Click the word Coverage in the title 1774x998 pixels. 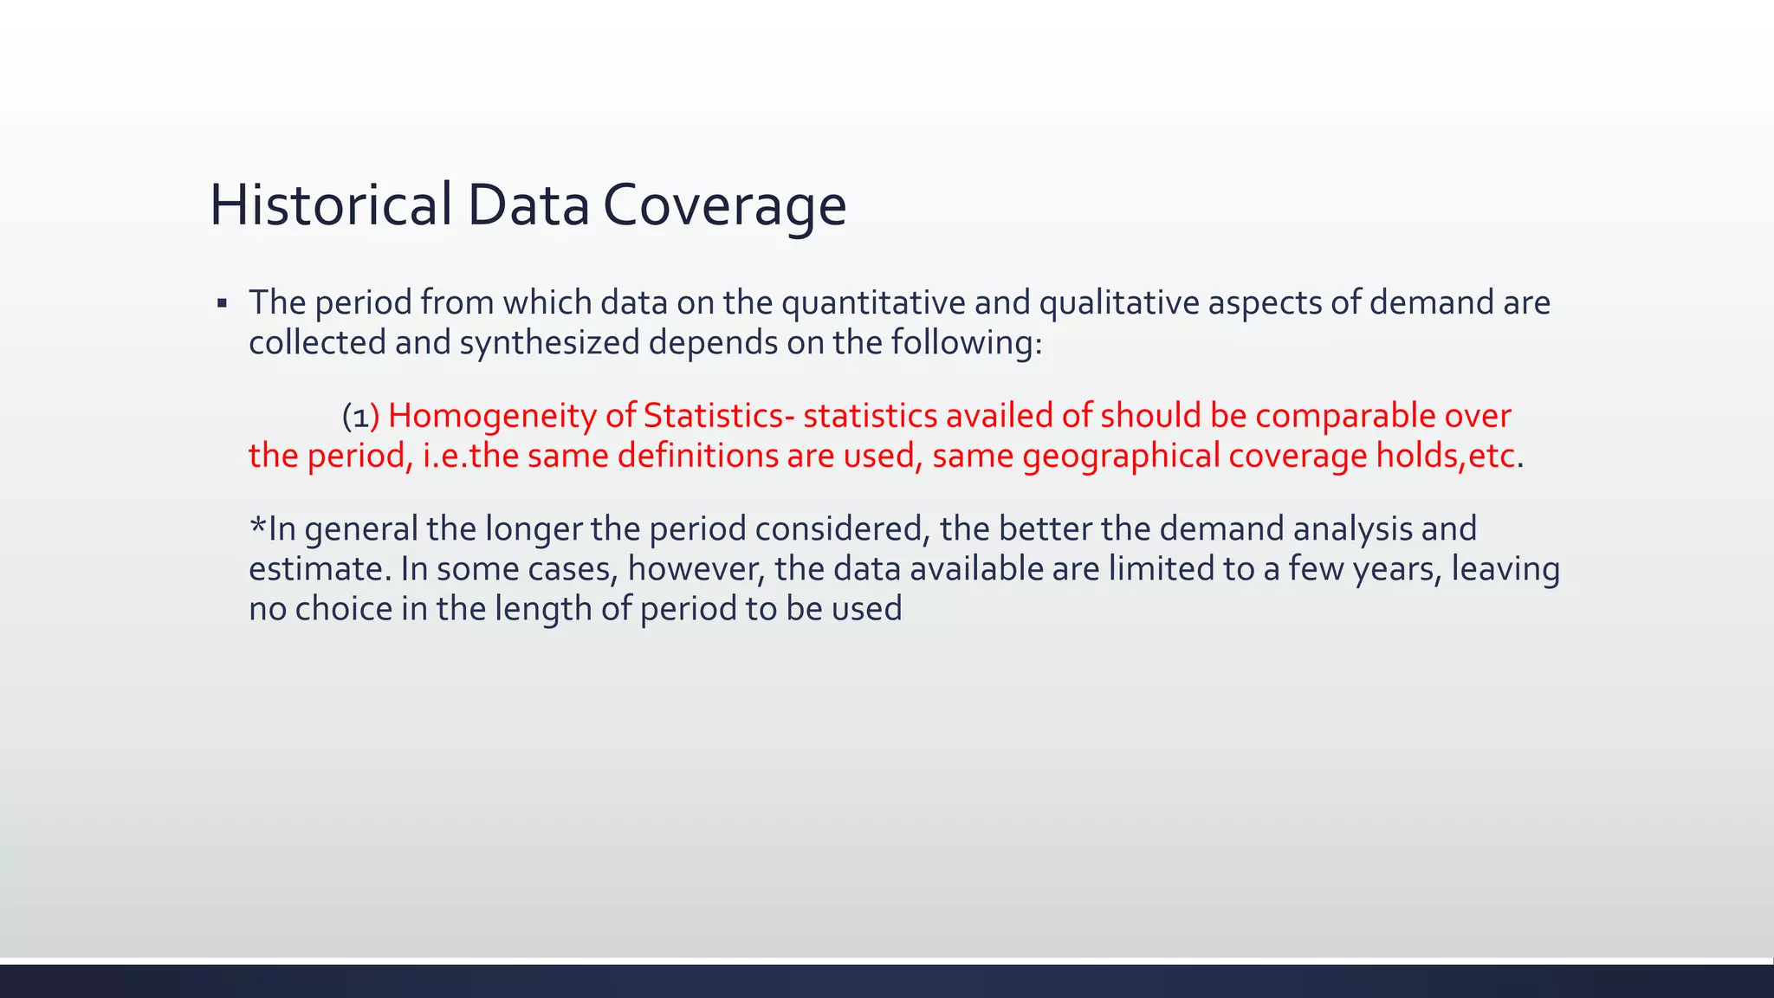pos(724,205)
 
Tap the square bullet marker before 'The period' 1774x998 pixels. pos(222,304)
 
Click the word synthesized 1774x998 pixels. pos(549,343)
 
